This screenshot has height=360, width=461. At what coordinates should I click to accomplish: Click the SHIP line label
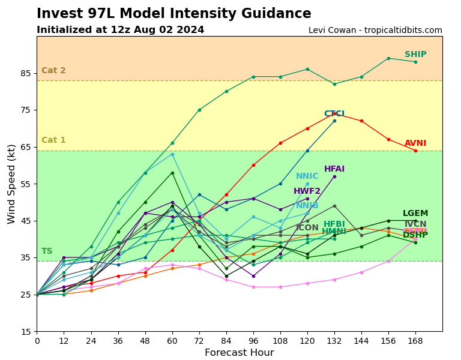(x=415, y=55)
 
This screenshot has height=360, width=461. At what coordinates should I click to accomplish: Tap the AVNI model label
(x=415, y=143)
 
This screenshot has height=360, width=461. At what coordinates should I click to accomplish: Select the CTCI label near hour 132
(x=334, y=114)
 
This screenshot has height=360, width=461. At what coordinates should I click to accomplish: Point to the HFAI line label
(x=334, y=169)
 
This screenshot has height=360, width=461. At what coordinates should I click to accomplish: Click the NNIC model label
(x=307, y=176)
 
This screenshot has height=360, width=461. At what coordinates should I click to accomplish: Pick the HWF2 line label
(x=307, y=191)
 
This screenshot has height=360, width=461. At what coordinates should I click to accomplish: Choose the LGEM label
(x=415, y=214)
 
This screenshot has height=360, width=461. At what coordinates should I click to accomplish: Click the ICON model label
(x=307, y=228)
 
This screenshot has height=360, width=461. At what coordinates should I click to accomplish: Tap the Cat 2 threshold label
(x=53, y=71)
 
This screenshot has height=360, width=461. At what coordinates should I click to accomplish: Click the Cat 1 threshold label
(x=53, y=140)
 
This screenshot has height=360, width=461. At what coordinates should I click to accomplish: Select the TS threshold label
(x=47, y=251)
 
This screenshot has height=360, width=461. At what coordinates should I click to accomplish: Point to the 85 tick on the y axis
(x=25, y=73)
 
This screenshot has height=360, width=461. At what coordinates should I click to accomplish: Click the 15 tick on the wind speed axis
(x=25, y=332)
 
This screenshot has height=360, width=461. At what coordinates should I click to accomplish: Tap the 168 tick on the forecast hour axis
(x=415, y=340)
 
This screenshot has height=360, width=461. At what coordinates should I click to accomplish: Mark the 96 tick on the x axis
(x=253, y=340)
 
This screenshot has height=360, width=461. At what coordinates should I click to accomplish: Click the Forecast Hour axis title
(x=239, y=353)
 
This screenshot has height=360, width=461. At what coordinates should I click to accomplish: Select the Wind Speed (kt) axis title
(x=12, y=184)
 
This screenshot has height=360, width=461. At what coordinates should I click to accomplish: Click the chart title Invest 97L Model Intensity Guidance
(x=174, y=14)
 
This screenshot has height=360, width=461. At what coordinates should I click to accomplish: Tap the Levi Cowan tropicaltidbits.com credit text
(x=375, y=31)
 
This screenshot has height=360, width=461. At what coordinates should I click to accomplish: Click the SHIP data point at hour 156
(x=388, y=58)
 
